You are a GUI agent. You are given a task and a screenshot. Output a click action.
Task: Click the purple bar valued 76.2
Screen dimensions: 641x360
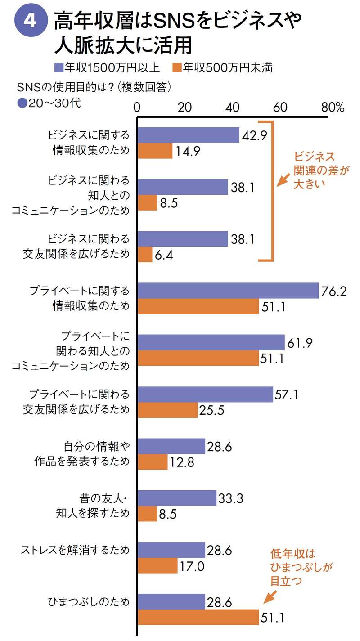click(228, 291)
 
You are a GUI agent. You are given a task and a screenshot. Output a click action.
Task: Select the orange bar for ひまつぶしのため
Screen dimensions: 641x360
click(198, 617)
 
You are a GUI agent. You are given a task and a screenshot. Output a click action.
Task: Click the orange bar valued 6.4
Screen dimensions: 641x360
click(145, 255)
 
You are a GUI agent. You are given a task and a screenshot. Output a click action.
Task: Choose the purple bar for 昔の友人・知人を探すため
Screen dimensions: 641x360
click(177, 498)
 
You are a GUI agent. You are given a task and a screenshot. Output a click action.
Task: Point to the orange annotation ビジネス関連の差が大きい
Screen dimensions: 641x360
click(315, 170)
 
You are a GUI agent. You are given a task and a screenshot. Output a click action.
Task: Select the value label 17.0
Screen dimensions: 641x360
click(193, 566)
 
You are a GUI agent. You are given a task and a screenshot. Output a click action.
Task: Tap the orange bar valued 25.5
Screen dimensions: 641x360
click(167, 410)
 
